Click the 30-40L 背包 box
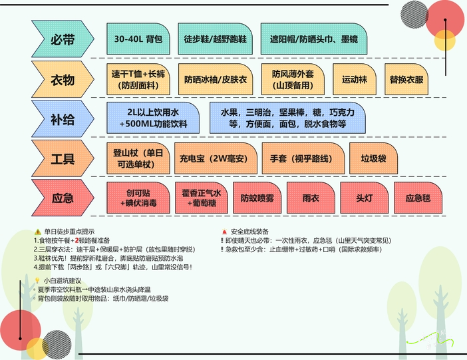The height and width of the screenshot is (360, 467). click(x=138, y=39)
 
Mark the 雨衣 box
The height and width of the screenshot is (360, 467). click(x=311, y=198)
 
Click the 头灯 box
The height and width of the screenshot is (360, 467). click(x=364, y=198)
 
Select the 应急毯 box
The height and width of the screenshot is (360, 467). click(x=418, y=198)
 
